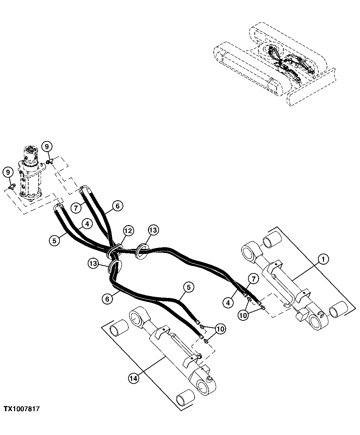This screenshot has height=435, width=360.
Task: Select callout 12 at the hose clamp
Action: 128,230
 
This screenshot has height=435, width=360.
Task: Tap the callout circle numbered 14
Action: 133,378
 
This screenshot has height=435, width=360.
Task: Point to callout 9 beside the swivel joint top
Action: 47,146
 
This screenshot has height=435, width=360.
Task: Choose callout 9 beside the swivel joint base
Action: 8,173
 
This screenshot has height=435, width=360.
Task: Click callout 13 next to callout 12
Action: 153,230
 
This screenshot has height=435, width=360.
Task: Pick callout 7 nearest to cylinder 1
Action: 253,278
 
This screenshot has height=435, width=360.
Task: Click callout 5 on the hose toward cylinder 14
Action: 189,287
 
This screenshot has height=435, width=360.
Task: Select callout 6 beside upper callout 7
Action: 118,206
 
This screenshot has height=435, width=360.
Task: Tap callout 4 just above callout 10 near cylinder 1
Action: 228,302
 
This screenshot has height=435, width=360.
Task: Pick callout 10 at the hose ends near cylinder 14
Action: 221,328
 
